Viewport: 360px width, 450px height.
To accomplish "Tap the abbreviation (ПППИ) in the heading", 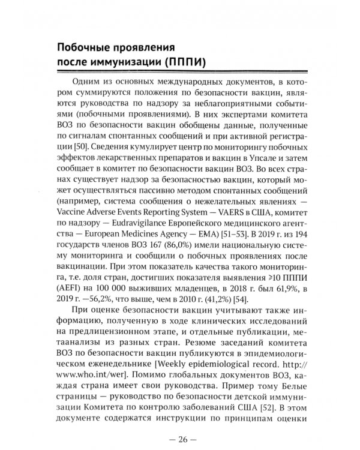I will pyautogui.click(x=184, y=62).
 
